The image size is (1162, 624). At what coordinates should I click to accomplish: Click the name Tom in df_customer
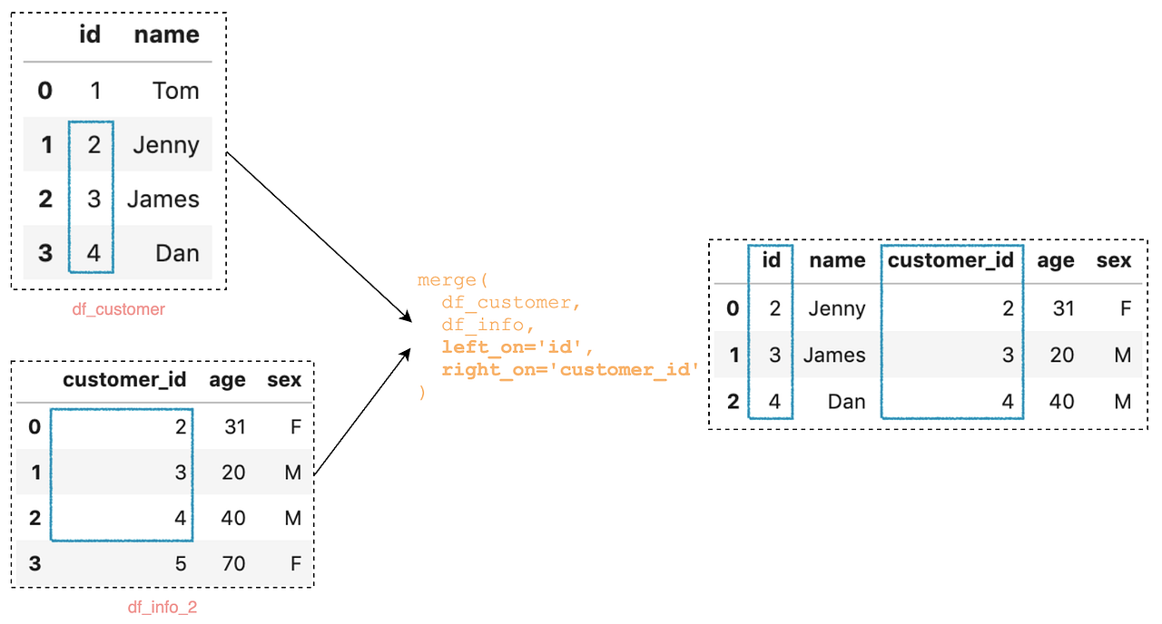(176, 91)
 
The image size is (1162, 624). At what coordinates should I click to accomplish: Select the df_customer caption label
(119, 309)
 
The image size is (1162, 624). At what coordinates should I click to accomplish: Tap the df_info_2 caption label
(162, 607)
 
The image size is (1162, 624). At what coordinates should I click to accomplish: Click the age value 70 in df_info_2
(233, 563)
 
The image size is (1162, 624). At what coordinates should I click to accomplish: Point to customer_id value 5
(180, 563)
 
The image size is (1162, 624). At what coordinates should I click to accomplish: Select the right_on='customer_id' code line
(571, 370)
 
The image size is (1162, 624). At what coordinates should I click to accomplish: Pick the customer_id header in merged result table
(950, 261)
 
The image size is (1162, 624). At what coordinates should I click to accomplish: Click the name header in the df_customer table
(166, 35)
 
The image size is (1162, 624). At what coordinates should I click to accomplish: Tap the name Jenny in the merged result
(837, 308)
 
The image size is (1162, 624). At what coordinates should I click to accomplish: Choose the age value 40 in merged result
(1061, 401)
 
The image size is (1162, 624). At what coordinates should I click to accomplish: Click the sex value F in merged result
(1125, 308)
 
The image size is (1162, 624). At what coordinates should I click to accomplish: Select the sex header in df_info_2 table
(284, 380)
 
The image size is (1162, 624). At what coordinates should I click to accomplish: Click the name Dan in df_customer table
(177, 253)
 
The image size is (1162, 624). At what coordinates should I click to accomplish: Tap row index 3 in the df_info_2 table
(34, 563)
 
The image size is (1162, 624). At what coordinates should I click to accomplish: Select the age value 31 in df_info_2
(234, 426)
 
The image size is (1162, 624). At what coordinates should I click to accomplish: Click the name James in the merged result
(834, 355)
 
